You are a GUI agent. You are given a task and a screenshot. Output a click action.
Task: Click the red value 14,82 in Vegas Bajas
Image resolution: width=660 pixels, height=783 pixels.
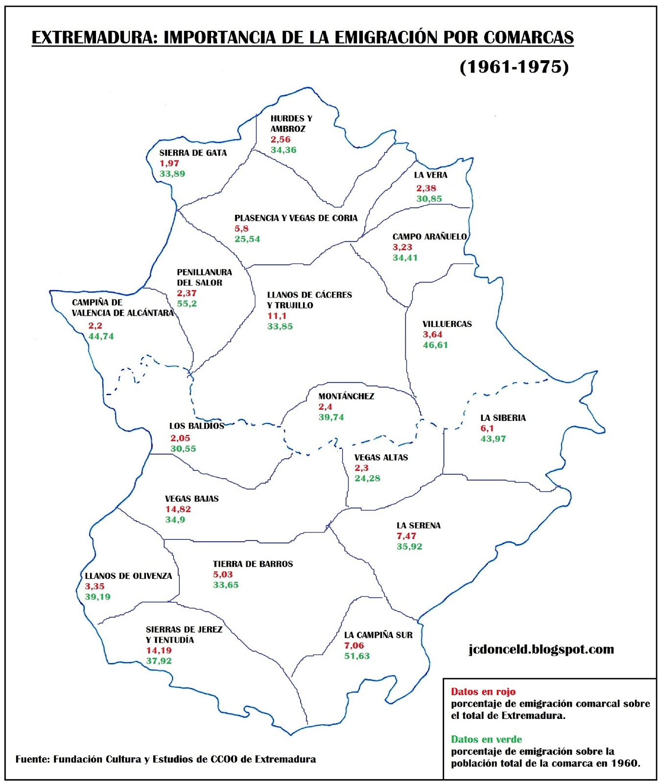point(178,509)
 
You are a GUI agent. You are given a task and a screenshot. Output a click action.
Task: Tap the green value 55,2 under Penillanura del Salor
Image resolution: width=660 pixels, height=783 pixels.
point(187,303)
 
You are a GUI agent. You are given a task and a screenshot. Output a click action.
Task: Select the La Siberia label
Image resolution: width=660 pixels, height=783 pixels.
point(503,417)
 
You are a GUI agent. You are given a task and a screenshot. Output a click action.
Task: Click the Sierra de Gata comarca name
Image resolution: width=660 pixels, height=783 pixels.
point(193,153)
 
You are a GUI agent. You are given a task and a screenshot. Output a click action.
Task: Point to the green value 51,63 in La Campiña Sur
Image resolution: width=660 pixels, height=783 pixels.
point(357,656)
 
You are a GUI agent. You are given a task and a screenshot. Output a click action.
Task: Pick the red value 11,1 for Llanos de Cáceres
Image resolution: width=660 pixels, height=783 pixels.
point(277,316)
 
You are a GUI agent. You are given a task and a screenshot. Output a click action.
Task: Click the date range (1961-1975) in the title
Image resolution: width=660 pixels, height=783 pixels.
point(514,67)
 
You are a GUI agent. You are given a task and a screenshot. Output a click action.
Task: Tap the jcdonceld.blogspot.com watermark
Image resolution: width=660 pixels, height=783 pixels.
point(541,649)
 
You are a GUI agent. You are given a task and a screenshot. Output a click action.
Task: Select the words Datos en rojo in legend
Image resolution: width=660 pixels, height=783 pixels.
point(483,691)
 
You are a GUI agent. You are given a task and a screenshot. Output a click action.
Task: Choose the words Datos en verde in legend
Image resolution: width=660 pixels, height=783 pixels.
point(486,739)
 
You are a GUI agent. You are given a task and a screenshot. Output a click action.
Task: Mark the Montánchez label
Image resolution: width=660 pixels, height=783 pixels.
point(346,396)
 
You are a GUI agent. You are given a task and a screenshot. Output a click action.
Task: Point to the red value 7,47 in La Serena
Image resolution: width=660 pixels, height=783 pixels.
point(406,536)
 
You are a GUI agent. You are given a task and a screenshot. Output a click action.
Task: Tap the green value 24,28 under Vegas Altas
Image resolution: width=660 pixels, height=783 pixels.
point(367,478)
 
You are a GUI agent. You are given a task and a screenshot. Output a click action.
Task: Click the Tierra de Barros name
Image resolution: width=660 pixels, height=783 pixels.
point(253,564)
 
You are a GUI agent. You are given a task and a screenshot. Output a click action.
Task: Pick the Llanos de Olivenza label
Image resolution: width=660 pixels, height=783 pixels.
point(128,576)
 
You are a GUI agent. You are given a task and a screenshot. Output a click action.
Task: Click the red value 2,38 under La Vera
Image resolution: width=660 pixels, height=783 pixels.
point(426,188)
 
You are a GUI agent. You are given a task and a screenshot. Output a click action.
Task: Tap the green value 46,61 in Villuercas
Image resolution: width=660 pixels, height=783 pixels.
point(435,345)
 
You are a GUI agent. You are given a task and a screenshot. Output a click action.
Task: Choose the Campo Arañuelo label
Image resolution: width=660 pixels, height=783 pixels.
point(429,236)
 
